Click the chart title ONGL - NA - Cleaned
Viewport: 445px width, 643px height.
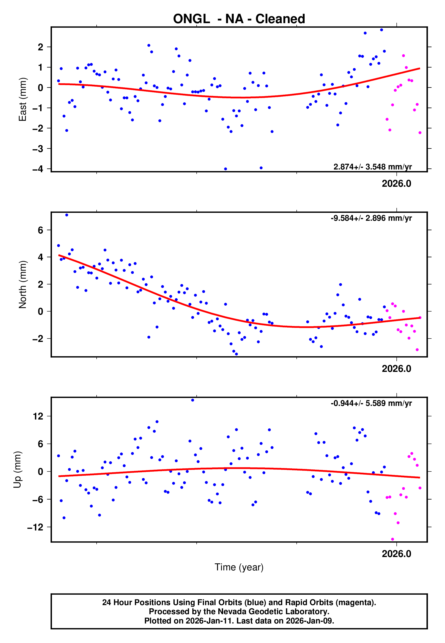pos(239,19)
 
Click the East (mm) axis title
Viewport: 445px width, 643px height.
pos(22,99)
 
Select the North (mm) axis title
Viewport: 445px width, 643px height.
pos(22,285)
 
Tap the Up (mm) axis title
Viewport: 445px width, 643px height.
pos(17,470)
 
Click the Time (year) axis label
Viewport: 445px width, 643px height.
pos(239,567)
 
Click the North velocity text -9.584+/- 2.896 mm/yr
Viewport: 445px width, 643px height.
pos(371,218)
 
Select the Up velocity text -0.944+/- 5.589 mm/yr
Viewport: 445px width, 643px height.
pos(371,403)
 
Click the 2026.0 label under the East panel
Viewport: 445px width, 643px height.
pos(396,184)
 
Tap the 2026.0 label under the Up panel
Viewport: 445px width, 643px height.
pos(396,554)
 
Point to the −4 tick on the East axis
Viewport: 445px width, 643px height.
pos(38,169)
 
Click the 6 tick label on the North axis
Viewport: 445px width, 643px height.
pos(41,230)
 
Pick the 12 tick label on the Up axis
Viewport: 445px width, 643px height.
pos(38,416)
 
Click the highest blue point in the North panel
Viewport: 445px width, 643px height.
pos(67,215)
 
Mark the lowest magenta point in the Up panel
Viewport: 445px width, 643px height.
pos(393,539)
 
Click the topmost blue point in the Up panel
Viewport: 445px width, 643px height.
pos(193,400)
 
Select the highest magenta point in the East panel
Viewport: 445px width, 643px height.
pos(403,56)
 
